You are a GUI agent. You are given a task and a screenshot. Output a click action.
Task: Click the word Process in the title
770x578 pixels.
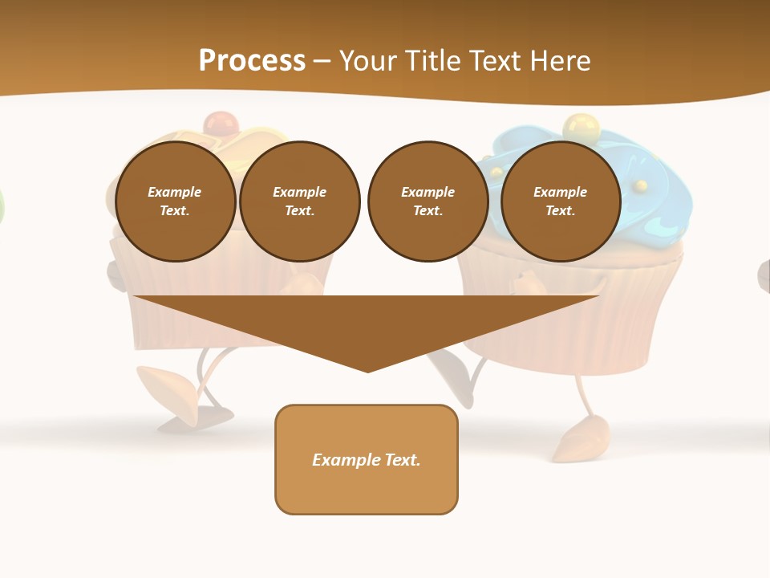[252, 61]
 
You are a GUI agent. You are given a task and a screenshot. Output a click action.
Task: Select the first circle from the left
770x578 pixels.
[175, 201]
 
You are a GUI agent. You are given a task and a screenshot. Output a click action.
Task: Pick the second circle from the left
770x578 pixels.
[300, 201]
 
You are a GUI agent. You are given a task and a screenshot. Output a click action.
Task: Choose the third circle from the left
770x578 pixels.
[428, 201]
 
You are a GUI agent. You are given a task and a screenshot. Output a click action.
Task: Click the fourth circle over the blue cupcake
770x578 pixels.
[560, 201]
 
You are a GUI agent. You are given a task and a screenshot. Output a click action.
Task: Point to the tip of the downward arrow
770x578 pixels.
[367, 370]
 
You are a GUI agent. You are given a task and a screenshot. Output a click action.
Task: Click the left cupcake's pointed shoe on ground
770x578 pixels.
[164, 381]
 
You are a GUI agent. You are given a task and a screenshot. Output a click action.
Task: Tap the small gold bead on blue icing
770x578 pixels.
[640, 186]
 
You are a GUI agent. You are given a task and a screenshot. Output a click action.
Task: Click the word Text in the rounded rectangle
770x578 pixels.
[402, 460]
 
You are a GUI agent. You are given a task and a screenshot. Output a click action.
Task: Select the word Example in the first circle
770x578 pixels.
[175, 192]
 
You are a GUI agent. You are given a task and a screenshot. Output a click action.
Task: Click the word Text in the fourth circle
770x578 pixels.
[560, 211]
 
